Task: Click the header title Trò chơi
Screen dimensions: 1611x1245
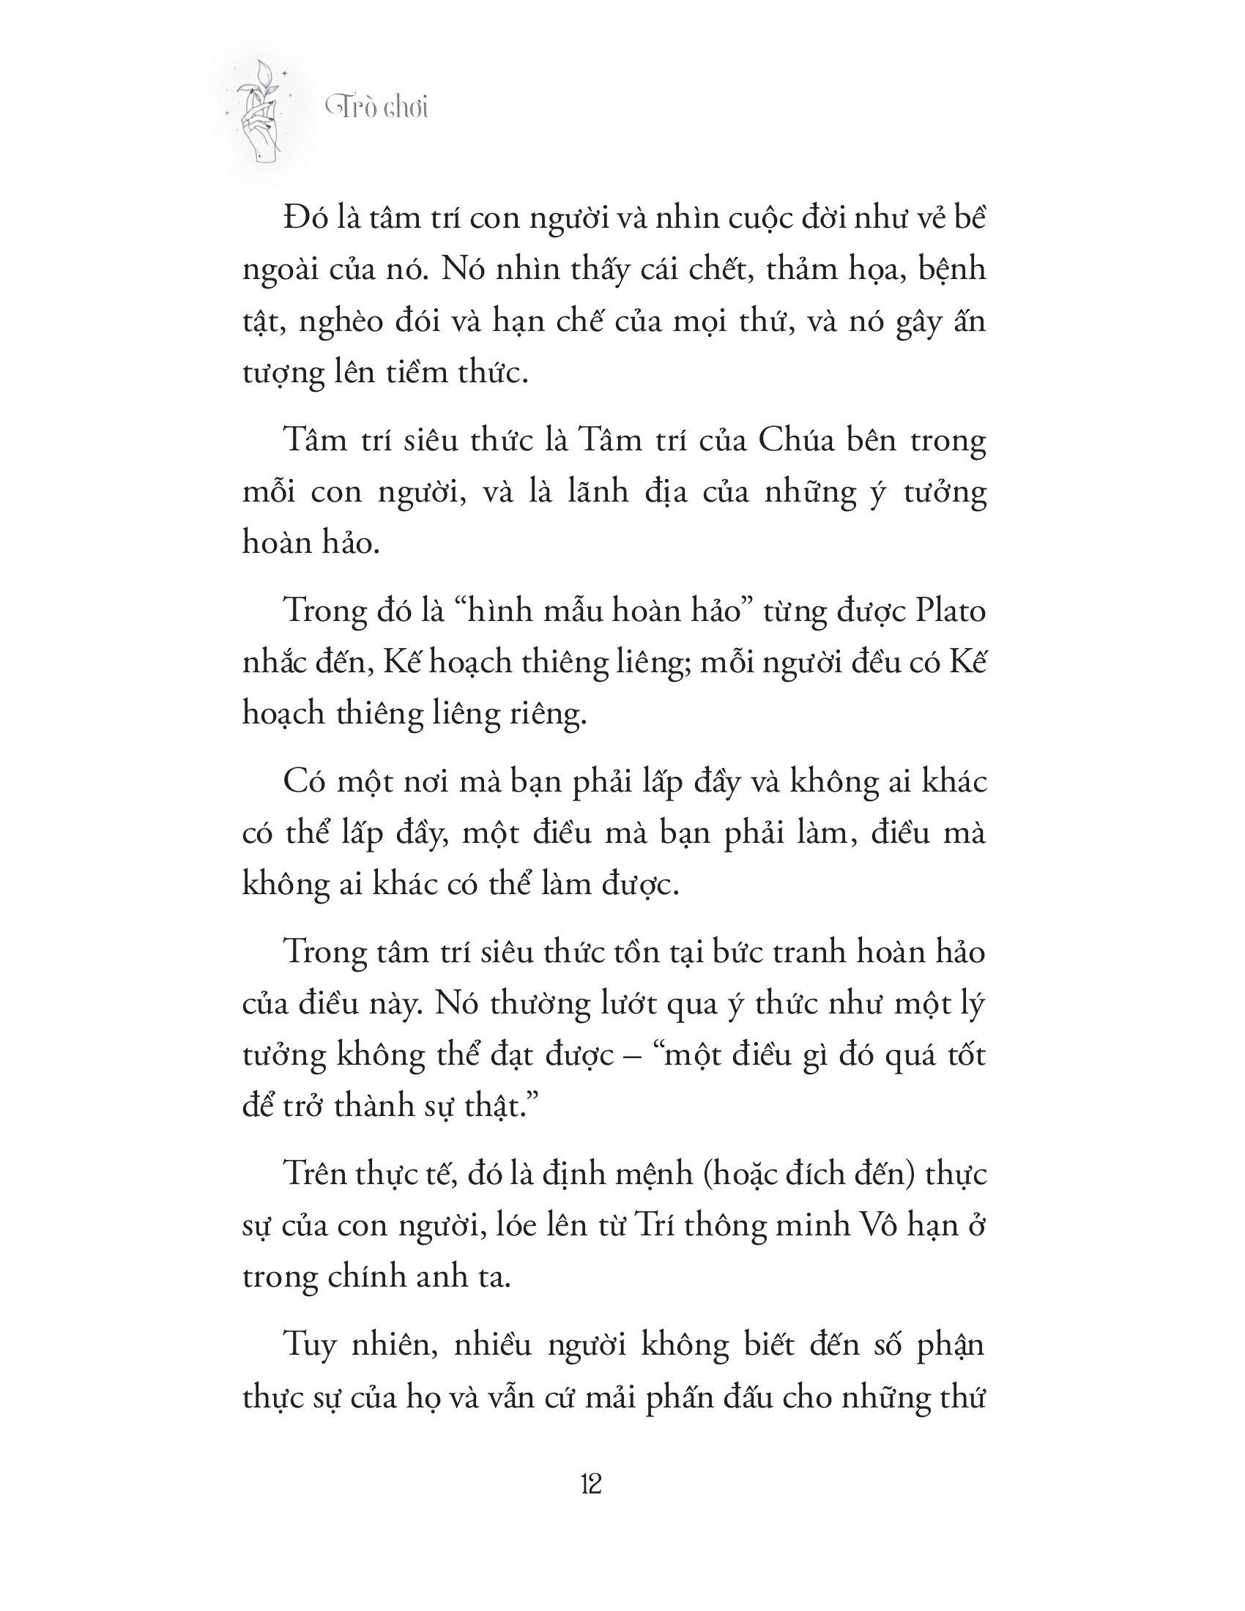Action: coord(377,108)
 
